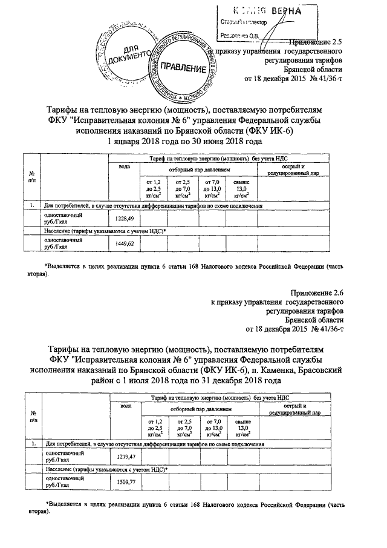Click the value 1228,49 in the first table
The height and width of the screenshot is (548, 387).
(123, 219)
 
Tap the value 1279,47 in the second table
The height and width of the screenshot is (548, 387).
(123, 455)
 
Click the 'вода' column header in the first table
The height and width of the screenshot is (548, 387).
(124, 166)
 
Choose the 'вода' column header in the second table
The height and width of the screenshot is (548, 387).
(124, 404)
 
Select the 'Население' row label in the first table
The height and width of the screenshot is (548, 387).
(60, 231)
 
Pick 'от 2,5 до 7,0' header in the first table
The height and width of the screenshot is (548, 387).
(183, 187)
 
